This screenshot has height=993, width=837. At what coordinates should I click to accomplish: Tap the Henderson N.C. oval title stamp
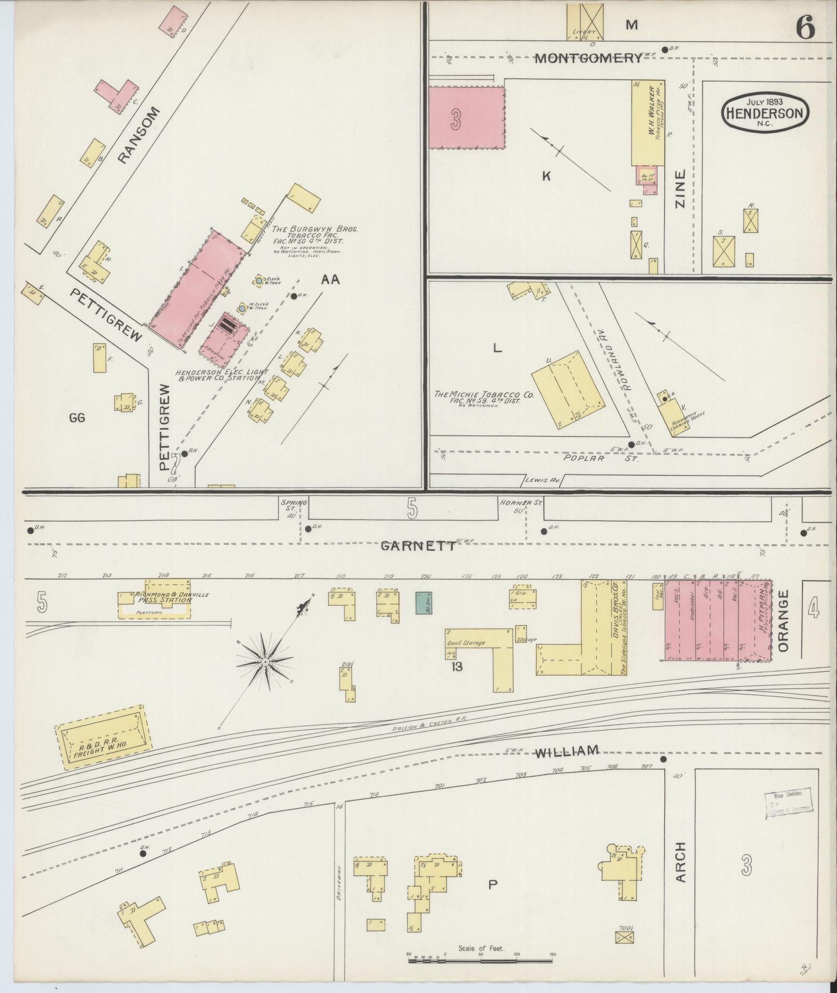point(765,111)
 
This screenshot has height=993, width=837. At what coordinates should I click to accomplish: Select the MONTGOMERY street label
point(588,58)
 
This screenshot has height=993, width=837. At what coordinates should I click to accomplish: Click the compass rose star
point(265,661)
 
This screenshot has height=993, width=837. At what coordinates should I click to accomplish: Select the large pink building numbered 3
point(466,118)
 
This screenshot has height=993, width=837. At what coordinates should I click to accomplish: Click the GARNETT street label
point(418,546)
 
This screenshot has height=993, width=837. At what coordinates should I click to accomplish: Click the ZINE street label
point(680,189)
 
